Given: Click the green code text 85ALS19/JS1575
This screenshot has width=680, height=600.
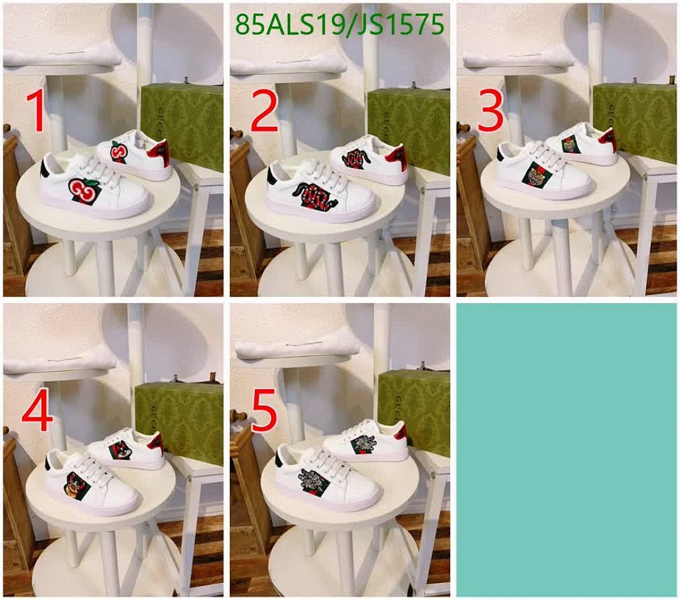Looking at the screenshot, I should coord(339,25).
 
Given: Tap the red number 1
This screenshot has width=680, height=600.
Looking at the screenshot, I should coord(36,112).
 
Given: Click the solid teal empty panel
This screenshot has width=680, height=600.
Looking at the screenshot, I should coord(567,449).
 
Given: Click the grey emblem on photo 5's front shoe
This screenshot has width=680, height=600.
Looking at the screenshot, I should coord(313,482).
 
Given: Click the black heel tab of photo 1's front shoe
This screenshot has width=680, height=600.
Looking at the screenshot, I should coord(46,169).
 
